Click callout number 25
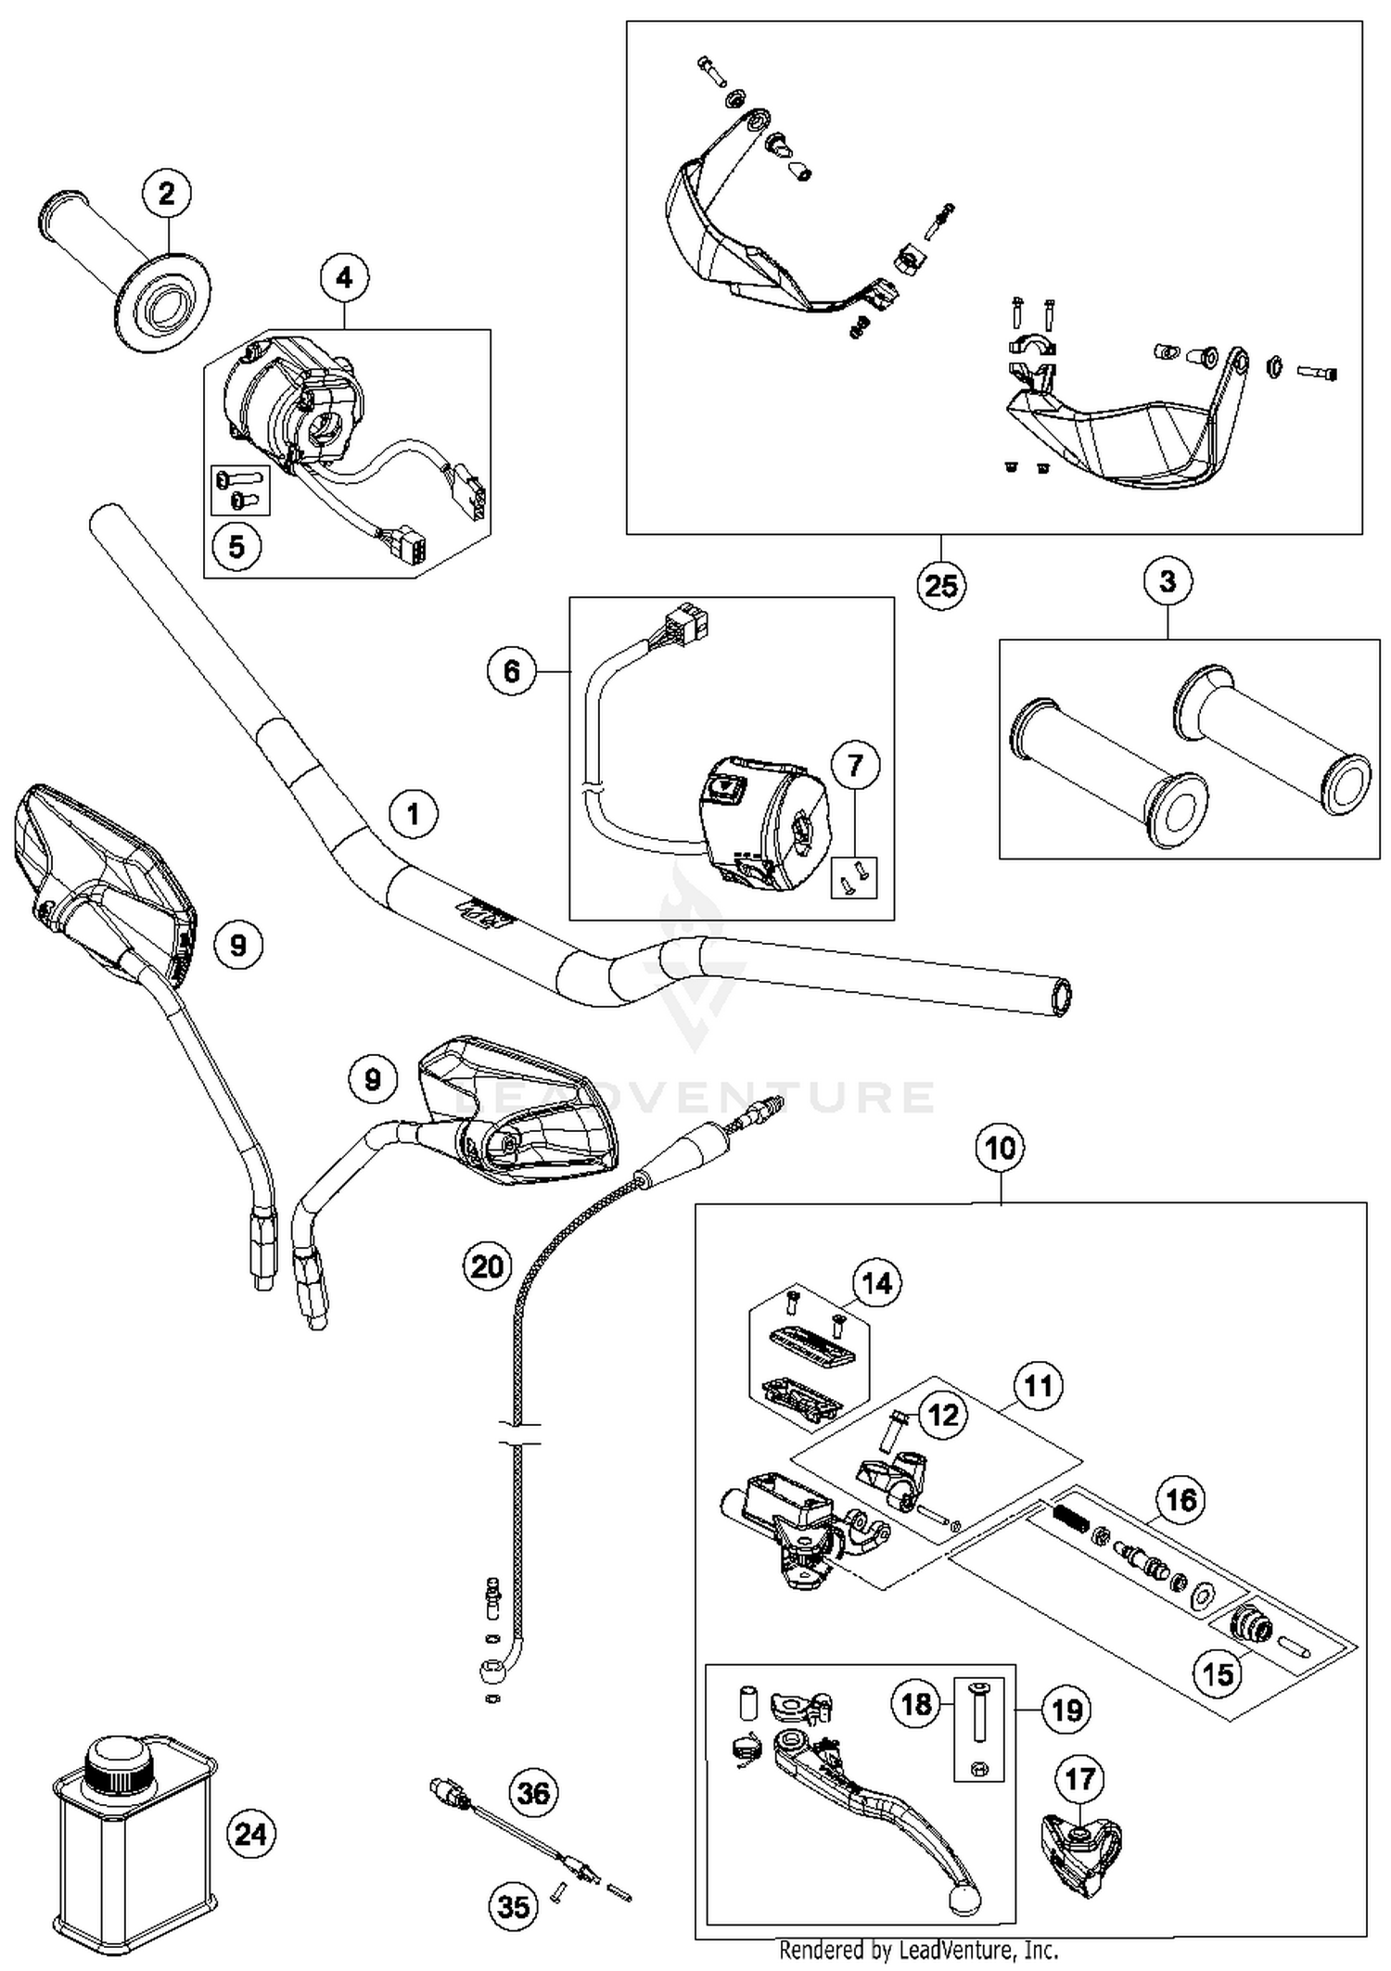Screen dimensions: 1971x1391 pyautogui.click(x=941, y=586)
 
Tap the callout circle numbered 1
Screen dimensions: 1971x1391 pyautogui.click(x=413, y=814)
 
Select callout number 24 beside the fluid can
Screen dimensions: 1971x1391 pyautogui.click(x=251, y=1834)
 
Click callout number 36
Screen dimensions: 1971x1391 pyautogui.click(x=534, y=1792)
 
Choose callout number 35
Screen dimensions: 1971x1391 pyautogui.click(x=514, y=1907)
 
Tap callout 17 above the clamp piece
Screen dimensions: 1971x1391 pyautogui.click(x=1080, y=1779)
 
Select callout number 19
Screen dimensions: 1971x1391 pyautogui.click(x=1066, y=1709)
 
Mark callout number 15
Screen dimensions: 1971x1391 pyautogui.click(x=1219, y=1673)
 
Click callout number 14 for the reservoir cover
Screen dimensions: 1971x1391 pyautogui.click(x=876, y=1283)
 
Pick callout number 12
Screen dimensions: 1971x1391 pyautogui.click(x=943, y=1416)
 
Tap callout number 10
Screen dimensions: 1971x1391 pyautogui.click(x=1001, y=1149)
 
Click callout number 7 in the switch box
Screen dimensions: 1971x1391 pyautogui.click(x=855, y=765)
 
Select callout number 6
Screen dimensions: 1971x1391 pyautogui.click(x=512, y=670)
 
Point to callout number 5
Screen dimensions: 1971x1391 pyautogui.click(x=236, y=546)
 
